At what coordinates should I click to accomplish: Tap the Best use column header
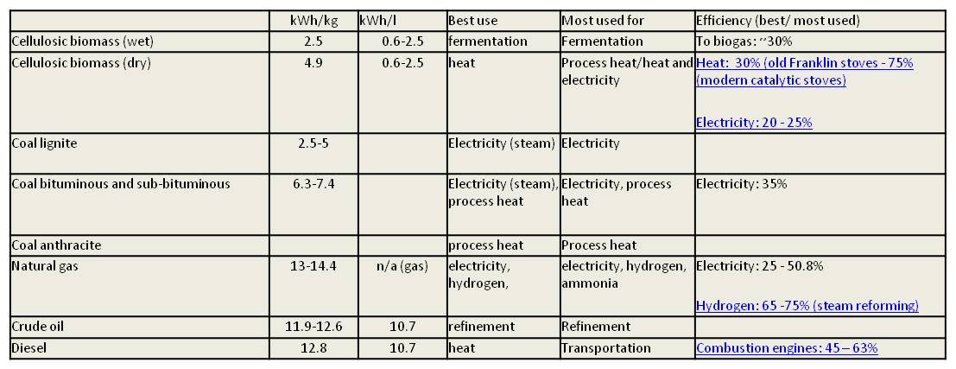tap(473, 21)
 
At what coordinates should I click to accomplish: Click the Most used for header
tap(603, 21)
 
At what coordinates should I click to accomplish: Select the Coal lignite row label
tap(44, 143)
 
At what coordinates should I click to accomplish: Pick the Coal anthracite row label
tap(56, 245)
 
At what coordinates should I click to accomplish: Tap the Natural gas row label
tap(45, 266)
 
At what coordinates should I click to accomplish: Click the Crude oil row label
tap(38, 327)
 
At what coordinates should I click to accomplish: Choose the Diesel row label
tap(30, 347)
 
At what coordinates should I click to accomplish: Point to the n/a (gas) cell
tap(402, 266)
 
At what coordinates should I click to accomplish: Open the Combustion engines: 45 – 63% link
tap(787, 348)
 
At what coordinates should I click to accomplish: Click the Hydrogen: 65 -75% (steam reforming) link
tap(807, 306)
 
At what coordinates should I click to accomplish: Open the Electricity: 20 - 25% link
tap(754, 123)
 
